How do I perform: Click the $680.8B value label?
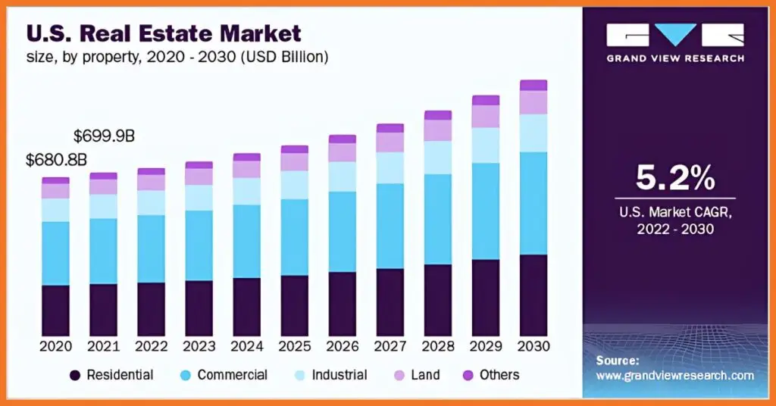(56, 160)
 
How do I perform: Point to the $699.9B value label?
(104, 136)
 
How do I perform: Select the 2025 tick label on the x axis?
(294, 346)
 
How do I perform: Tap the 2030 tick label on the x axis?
(533, 346)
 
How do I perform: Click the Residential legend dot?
(75, 375)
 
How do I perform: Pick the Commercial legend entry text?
(232, 375)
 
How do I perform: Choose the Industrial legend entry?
(338, 375)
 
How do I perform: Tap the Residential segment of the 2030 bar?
(533, 295)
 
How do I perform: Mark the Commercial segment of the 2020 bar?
(55, 253)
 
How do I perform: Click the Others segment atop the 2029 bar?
(486, 100)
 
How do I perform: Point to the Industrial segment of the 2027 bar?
(390, 167)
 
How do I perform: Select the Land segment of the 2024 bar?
(247, 169)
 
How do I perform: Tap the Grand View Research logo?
(674, 42)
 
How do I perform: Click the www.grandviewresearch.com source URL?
(674, 376)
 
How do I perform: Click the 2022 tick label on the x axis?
(151, 346)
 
